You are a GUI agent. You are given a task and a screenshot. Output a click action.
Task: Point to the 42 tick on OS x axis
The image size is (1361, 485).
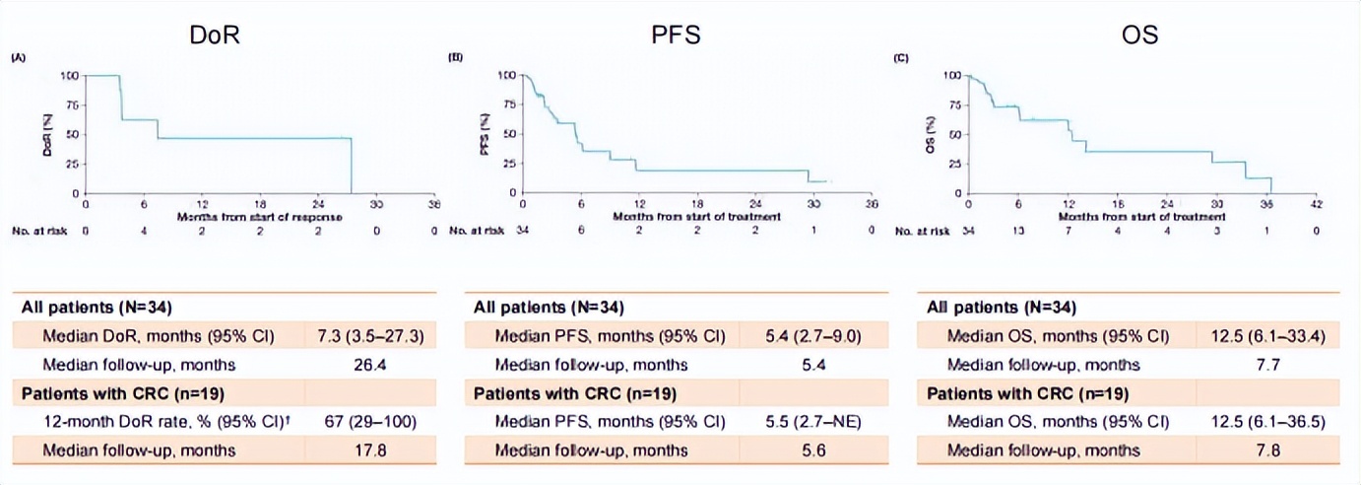(1317, 205)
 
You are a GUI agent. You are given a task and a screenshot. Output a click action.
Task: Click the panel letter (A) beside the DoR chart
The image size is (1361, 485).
(17, 58)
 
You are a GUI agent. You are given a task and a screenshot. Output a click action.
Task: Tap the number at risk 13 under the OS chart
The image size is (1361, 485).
(1018, 232)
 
